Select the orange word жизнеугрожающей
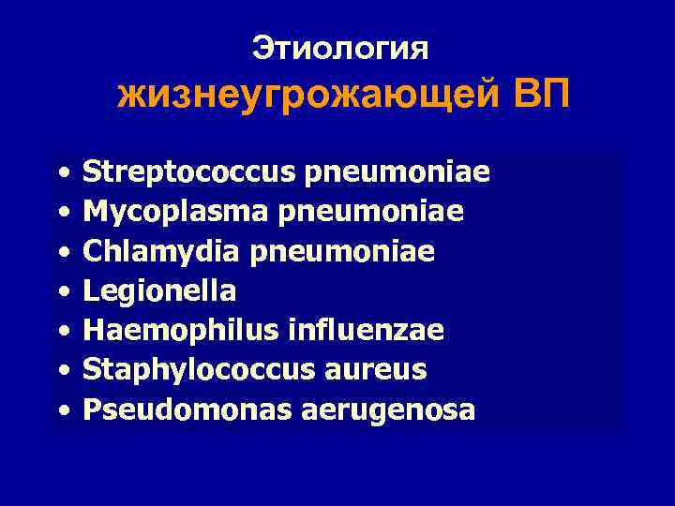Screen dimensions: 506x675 click(309, 97)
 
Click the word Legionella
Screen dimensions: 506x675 click(159, 291)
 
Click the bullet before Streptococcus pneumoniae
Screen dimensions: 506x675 click(62, 174)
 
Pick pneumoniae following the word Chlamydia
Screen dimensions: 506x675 click(356, 252)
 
